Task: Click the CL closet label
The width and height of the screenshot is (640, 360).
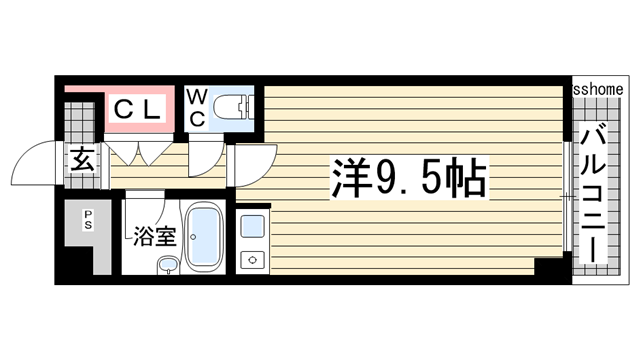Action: point(136,111)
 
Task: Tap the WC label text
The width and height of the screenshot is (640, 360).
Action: point(197,108)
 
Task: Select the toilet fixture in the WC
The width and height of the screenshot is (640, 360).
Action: point(232,106)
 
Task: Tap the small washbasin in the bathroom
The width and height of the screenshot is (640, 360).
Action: point(168,265)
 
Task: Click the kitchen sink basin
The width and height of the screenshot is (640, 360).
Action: point(251,224)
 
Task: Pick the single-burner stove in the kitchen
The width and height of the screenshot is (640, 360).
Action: point(251,259)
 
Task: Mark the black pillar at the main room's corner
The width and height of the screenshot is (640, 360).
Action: point(548,267)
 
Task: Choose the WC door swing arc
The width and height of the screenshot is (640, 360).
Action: point(207,163)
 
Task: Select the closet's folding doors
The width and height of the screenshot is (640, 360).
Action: point(139,152)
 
